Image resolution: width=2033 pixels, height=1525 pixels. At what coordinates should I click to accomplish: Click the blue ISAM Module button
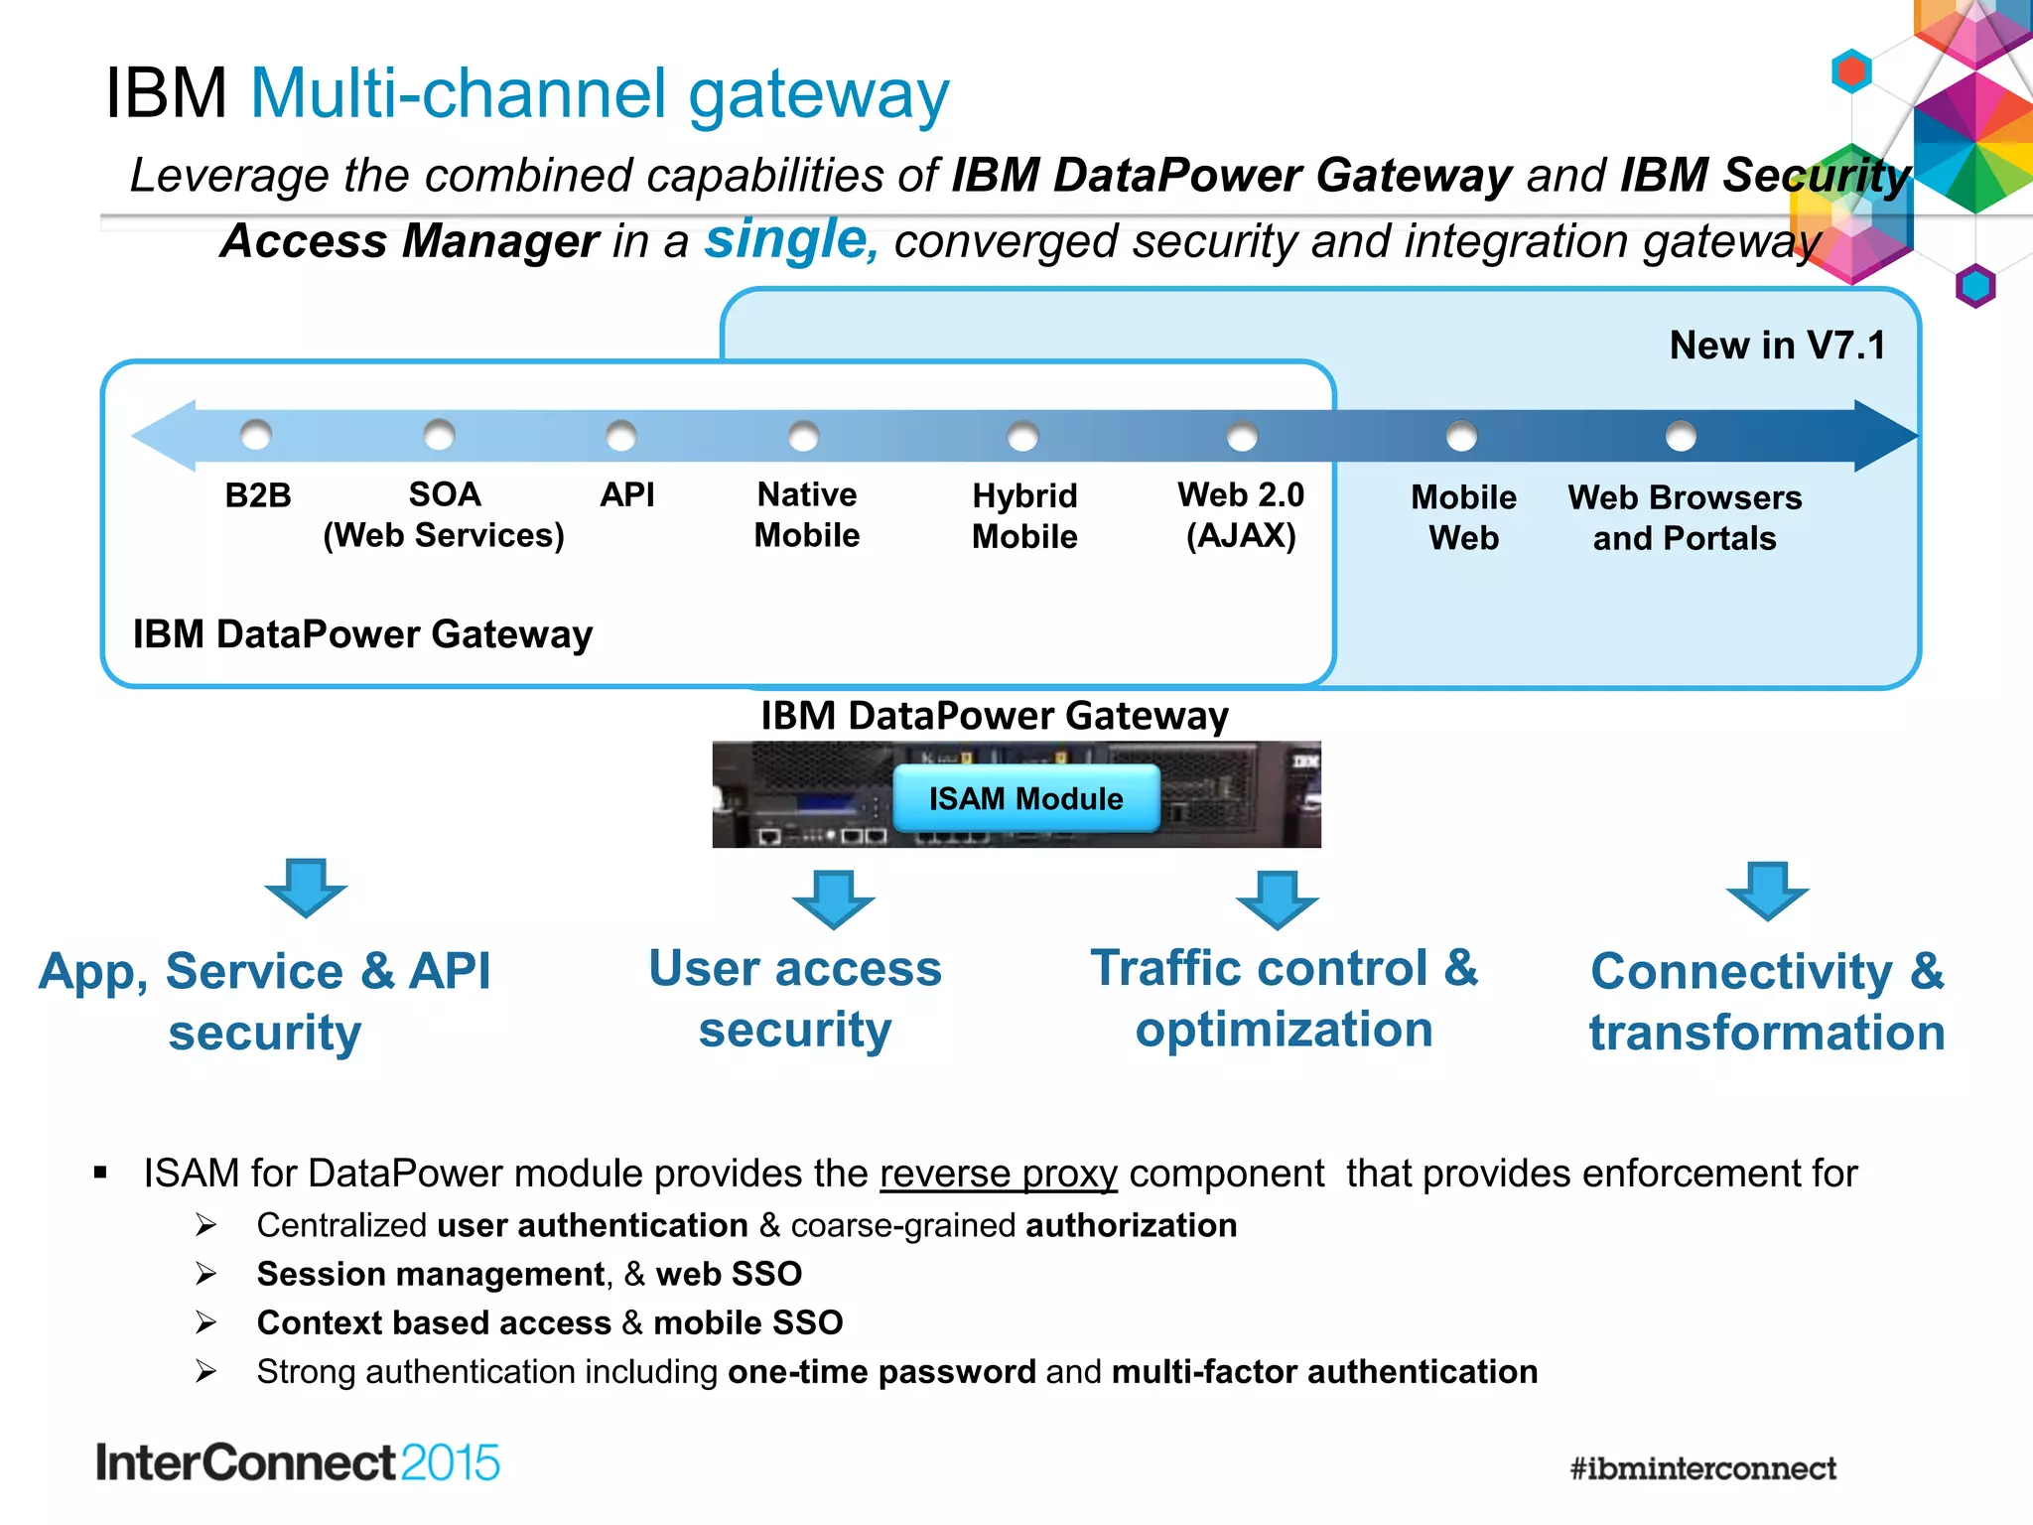tap(1025, 798)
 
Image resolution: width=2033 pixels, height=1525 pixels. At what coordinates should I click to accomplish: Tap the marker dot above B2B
tap(256, 434)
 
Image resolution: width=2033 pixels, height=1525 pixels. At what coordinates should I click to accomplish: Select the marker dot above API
tap(621, 435)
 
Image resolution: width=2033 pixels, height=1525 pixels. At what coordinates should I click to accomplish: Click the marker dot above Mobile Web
tap(1461, 436)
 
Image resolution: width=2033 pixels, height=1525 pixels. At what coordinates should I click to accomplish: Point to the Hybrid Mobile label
tap(1024, 516)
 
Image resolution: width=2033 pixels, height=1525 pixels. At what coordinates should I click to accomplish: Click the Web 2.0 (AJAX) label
tap(1241, 514)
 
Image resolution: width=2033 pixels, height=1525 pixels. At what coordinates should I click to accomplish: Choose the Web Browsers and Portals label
tap(1685, 517)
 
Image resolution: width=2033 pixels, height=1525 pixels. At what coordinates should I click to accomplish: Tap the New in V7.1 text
tap(1777, 346)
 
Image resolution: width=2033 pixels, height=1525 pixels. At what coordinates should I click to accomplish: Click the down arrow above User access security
tap(834, 899)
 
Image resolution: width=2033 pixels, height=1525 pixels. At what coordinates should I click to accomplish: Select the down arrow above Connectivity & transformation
tap(1767, 890)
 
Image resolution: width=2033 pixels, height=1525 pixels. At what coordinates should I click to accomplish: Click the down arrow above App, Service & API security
tap(306, 887)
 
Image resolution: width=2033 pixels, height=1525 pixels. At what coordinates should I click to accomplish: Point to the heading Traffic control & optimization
tap(1284, 998)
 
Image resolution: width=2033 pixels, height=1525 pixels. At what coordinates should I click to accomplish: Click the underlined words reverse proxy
tap(999, 1174)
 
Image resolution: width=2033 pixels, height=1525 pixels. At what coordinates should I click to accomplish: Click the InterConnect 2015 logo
tap(298, 1462)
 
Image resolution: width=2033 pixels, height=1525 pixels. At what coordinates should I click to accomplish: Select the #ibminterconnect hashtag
tap(1702, 1468)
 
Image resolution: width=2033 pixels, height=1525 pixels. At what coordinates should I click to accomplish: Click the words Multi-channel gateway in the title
tap(600, 94)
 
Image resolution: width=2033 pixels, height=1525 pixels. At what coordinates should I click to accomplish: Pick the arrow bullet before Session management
tap(205, 1274)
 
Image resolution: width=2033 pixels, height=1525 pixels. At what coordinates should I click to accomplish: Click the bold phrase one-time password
tap(881, 1372)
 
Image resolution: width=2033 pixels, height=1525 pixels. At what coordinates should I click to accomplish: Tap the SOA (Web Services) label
tap(444, 514)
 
